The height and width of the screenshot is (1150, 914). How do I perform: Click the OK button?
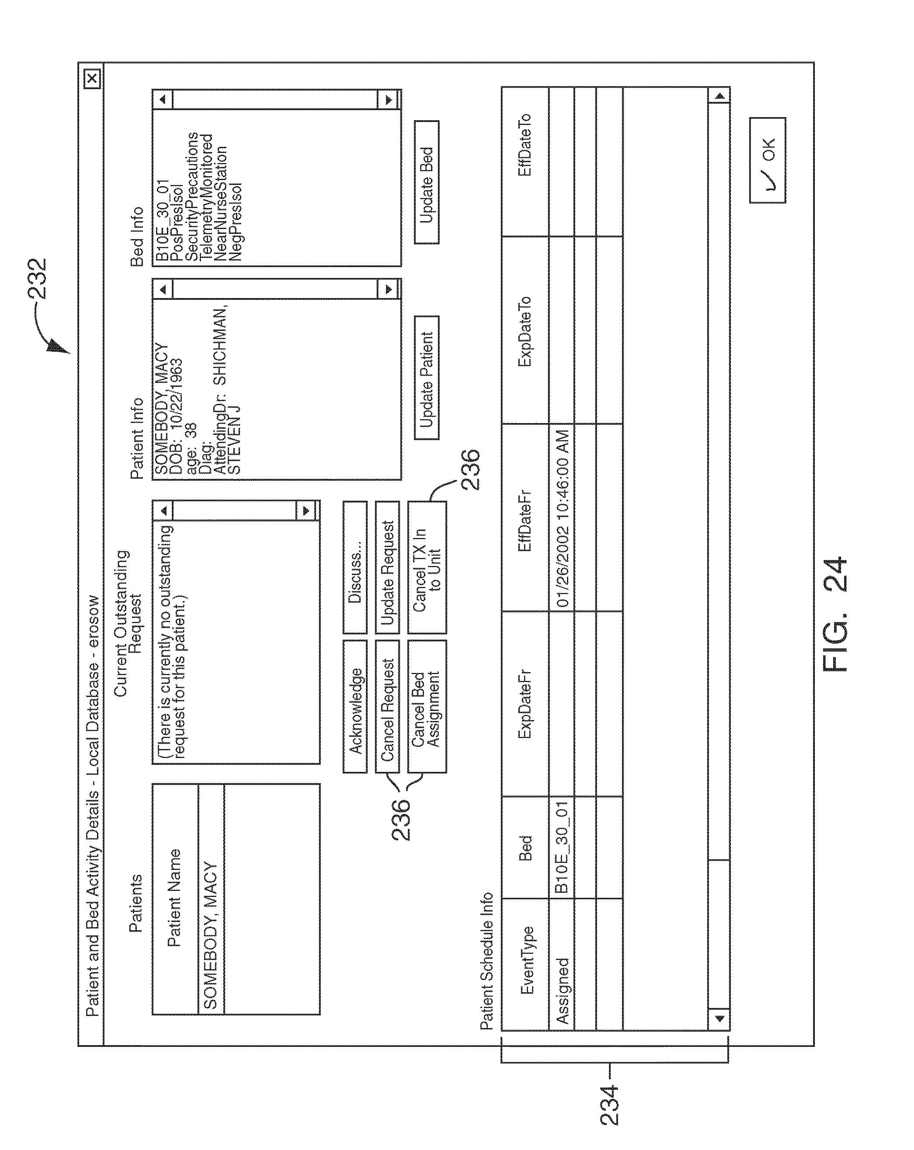(x=767, y=160)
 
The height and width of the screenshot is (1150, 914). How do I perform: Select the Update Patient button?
(x=426, y=378)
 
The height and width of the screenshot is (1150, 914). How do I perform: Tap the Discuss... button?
(x=355, y=567)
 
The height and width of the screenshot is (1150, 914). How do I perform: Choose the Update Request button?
(x=387, y=567)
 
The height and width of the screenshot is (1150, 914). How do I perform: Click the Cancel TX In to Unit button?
(x=426, y=567)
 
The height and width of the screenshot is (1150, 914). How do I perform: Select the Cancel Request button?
(x=387, y=706)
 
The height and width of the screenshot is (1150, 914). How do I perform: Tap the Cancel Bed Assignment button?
(x=426, y=706)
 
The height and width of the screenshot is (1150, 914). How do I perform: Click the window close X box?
(x=92, y=78)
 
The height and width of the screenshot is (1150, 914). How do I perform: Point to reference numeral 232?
(x=37, y=279)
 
